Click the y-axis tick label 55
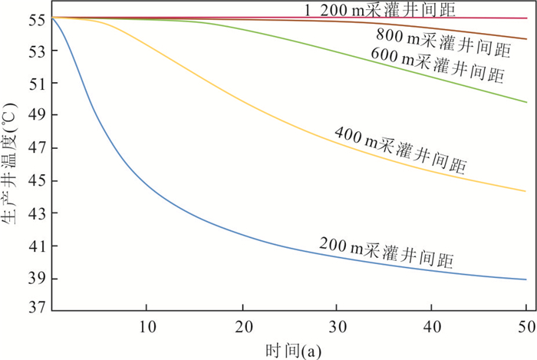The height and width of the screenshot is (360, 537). click(x=38, y=18)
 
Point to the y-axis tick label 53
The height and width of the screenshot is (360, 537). click(x=38, y=51)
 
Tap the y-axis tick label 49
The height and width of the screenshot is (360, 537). click(x=38, y=116)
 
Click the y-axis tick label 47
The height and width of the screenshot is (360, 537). click(x=38, y=148)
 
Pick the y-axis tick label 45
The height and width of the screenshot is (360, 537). click(x=38, y=181)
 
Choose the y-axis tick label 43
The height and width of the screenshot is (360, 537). click(x=38, y=213)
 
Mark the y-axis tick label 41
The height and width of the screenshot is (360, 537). click(x=38, y=246)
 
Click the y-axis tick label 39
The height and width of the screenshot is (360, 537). click(x=38, y=279)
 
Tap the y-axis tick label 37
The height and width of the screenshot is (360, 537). click(x=38, y=310)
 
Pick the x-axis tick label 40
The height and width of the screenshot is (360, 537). click(x=432, y=325)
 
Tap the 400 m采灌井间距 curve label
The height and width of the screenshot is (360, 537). click(x=400, y=150)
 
